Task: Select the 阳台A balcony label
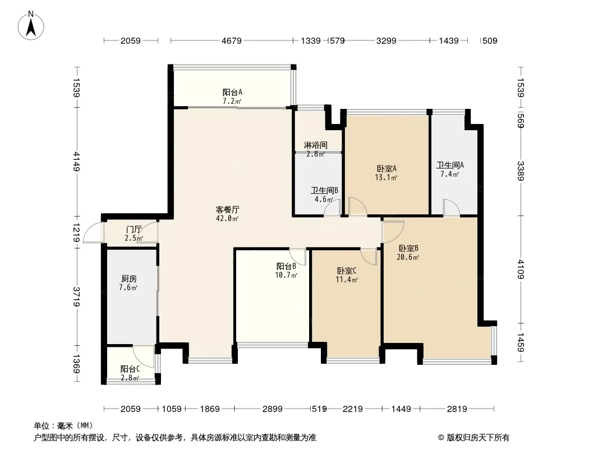click(x=232, y=92)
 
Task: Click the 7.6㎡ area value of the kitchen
click(x=128, y=288)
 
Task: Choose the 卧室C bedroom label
click(x=346, y=271)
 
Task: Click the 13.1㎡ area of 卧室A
click(x=387, y=178)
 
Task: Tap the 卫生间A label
click(x=450, y=166)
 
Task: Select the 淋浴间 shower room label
click(x=315, y=145)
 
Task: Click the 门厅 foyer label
click(x=134, y=230)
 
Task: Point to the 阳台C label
click(x=130, y=369)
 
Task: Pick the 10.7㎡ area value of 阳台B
click(x=287, y=275)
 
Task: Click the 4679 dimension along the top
click(x=231, y=41)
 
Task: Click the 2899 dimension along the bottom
click(x=273, y=409)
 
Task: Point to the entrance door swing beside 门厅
click(x=93, y=234)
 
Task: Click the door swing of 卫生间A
click(x=451, y=207)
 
